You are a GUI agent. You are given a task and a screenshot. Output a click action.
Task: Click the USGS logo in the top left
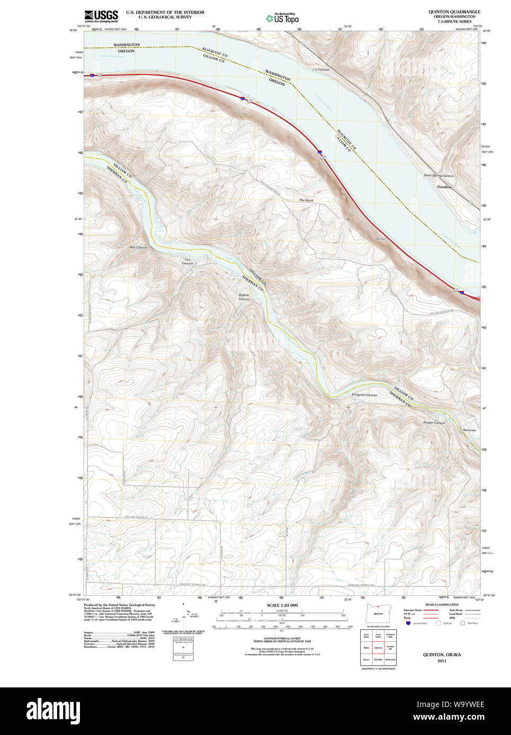click(x=101, y=15)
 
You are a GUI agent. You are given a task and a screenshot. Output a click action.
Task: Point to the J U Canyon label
click(x=321, y=70)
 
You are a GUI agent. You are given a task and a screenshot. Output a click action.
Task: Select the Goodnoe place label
click(x=444, y=187)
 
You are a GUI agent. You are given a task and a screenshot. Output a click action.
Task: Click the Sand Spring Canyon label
click(x=438, y=176)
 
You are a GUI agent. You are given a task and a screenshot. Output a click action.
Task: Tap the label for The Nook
click(x=306, y=200)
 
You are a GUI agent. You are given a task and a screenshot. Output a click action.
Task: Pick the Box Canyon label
click(x=139, y=247)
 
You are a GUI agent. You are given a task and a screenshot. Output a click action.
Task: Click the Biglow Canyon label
click(x=244, y=297)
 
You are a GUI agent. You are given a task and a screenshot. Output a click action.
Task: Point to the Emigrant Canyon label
click(x=364, y=395)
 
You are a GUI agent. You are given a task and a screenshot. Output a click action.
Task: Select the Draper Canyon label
click(x=434, y=422)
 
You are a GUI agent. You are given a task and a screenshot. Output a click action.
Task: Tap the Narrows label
click(x=469, y=430)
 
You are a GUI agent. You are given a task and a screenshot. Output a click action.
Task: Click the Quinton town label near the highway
click(x=381, y=239)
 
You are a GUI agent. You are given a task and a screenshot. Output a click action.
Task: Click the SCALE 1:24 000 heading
click(x=282, y=605)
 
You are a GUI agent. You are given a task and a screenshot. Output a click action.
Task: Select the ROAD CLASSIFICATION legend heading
click(x=442, y=604)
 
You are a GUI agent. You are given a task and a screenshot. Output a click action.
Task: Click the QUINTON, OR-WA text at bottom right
click(x=442, y=654)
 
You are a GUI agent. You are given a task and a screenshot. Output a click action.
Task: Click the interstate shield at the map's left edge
click(x=93, y=76)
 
